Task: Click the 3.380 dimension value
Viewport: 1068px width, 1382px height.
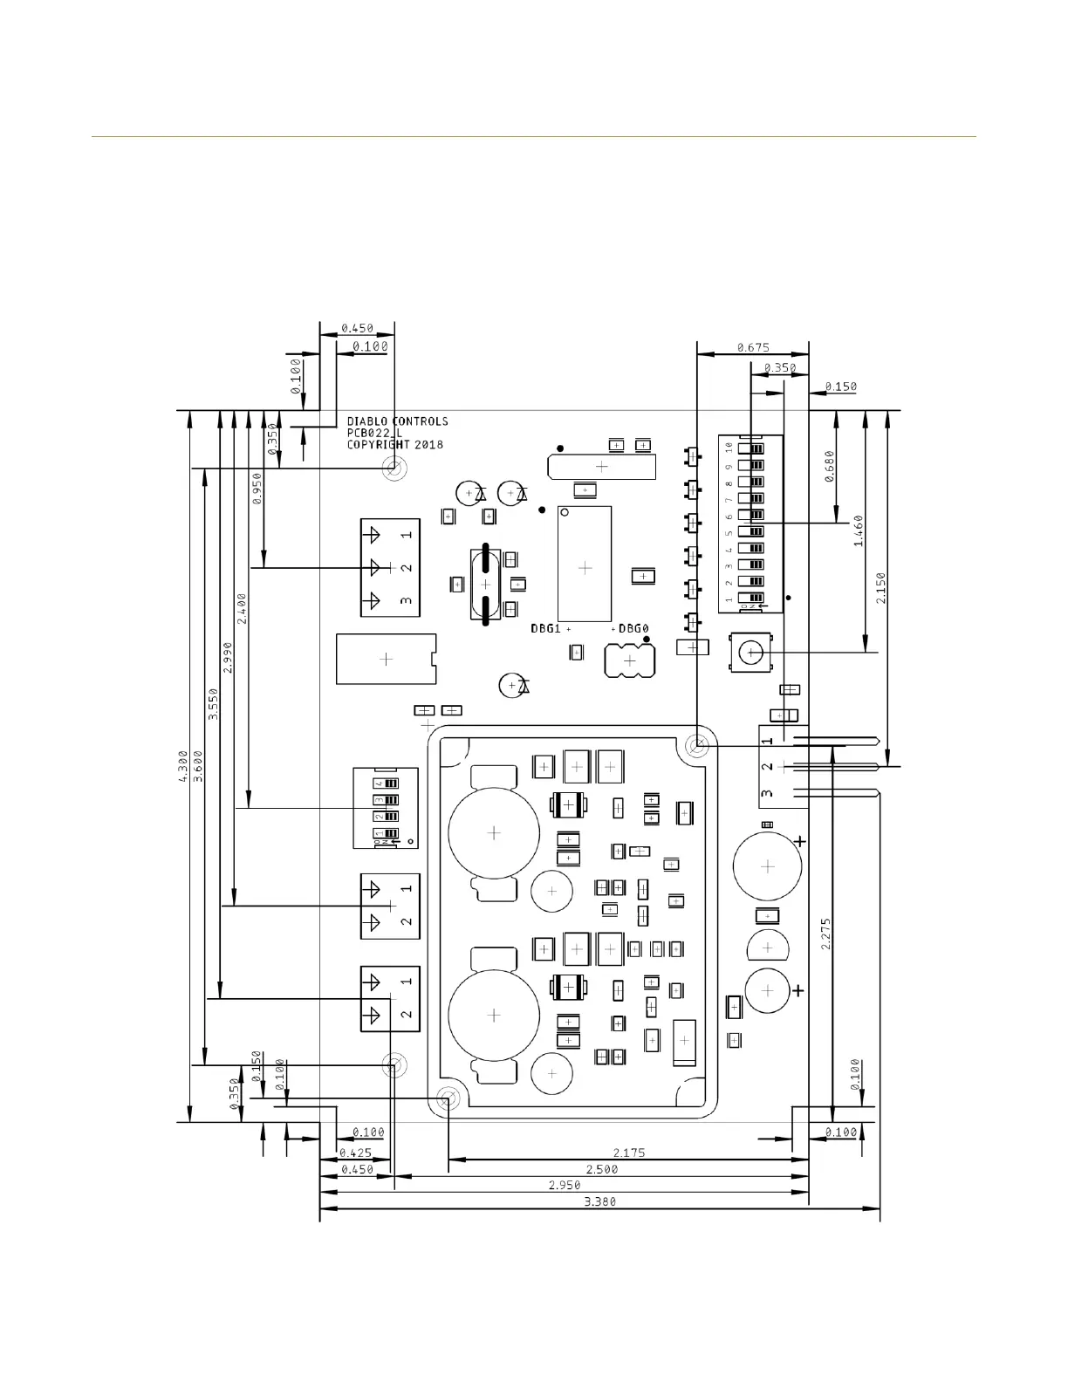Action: click(599, 1201)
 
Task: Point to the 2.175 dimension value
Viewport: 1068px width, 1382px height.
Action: click(628, 1153)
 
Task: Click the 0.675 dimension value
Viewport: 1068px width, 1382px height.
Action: click(752, 347)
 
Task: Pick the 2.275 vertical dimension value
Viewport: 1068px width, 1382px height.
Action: click(825, 934)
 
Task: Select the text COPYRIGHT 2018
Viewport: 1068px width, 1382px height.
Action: click(394, 444)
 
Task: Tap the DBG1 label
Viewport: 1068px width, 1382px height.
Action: click(545, 628)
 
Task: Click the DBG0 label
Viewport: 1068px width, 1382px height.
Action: click(634, 628)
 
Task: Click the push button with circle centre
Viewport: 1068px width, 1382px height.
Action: click(750, 653)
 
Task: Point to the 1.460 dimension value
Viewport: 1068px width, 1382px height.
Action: click(858, 530)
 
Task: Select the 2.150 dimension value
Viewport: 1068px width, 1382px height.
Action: click(880, 588)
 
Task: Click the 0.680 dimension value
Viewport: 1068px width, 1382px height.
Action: click(829, 466)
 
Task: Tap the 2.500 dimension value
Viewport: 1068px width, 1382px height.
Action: click(601, 1169)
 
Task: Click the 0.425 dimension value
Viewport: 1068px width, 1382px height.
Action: click(355, 1153)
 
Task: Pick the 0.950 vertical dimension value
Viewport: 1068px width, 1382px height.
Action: click(257, 489)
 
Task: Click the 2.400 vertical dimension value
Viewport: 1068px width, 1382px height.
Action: click(242, 608)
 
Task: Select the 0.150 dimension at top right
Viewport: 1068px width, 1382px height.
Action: click(840, 387)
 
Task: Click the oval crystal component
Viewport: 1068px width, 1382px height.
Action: click(483, 584)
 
